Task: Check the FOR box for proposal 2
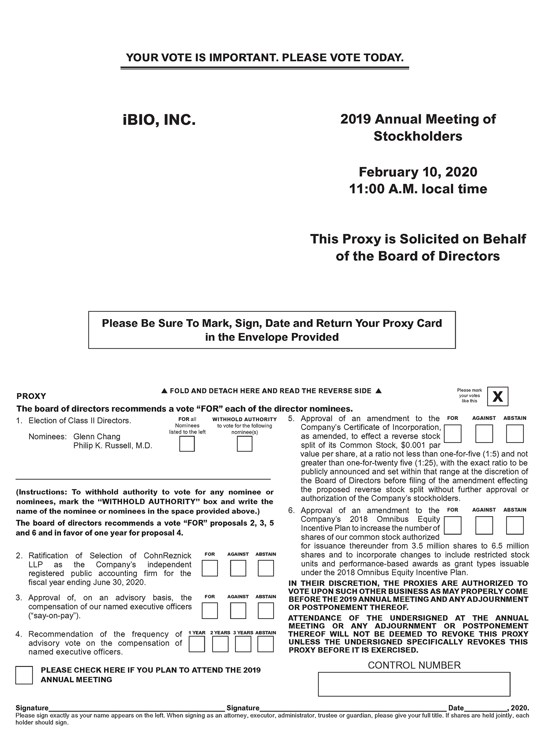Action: [x=209, y=568]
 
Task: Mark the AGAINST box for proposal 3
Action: [x=238, y=611]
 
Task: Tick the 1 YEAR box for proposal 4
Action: [x=196, y=644]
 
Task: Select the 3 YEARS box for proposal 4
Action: [x=243, y=644]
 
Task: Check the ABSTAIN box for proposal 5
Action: [x=515, y=434]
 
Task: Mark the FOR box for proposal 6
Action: [x=452, y=526]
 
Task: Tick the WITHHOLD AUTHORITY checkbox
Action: [x=244, y=444]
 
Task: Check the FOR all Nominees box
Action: [x=187, y=444]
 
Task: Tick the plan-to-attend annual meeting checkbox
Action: [x=24, y=675]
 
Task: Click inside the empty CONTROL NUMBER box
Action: [x=414, y=684]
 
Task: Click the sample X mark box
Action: [x=497, y=396]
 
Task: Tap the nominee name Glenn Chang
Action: [x=97, y=436]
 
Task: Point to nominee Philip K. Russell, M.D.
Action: [x=113, y=446]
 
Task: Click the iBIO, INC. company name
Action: [x=159, y=120]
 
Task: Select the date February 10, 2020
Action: [x=418, y=172]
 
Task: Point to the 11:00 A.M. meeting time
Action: [x=418, y=189]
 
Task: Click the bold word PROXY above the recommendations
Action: [x=31, y=396]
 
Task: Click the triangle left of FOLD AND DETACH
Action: [x=164, y=391]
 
